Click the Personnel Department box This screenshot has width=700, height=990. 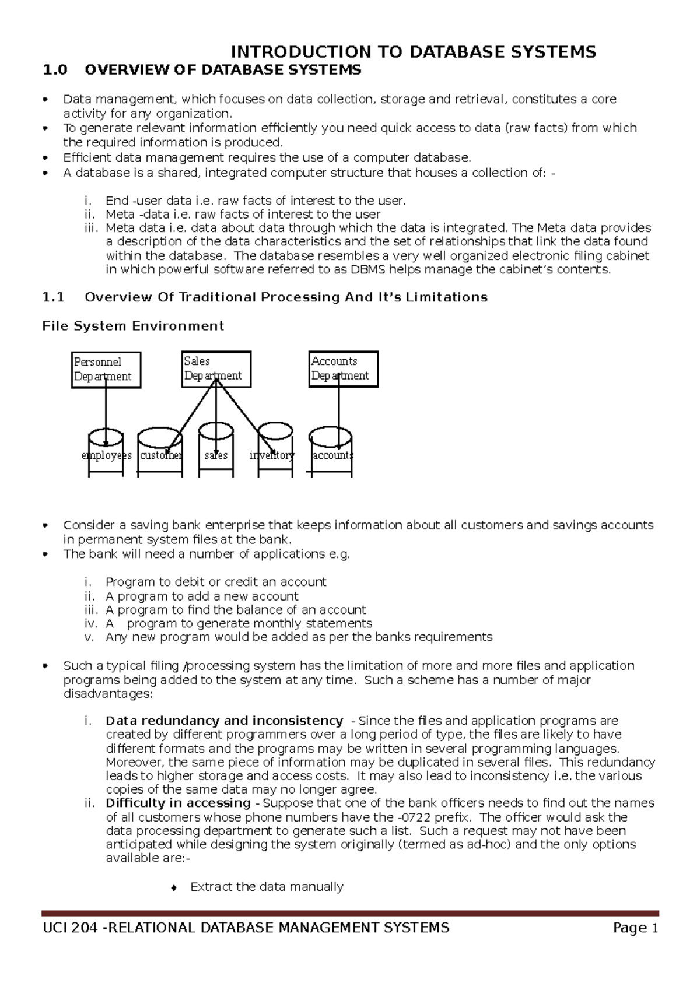(106, 370)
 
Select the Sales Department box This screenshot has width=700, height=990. (216, 369)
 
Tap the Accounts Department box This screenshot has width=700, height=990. (343, 369)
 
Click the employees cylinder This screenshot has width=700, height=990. (106, 454)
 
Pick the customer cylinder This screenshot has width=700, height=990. (160, 455)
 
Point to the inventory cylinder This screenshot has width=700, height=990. (274, 454)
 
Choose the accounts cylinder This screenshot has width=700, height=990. (331, 454)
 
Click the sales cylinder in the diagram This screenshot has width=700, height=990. (216, 454)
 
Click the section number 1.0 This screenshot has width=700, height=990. (55, 71)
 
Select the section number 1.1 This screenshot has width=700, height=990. (53, 297)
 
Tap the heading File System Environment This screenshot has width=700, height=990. (133, 326)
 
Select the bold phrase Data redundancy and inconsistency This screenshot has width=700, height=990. (224, 721)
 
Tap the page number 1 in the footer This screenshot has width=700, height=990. (654, 928)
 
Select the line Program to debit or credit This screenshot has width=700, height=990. (216, 582)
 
